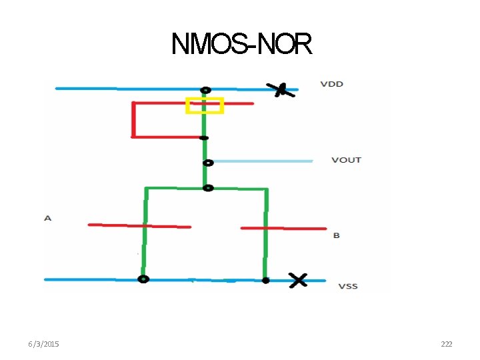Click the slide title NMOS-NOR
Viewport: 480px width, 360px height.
pyautogui.click(x=241, y=44)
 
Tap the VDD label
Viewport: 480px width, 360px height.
pyautogui.click(x=331, y=84)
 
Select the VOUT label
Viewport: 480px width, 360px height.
pyautogui.click(x=346, y=160)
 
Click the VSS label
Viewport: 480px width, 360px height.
pyautogui.click(x=347, y=286)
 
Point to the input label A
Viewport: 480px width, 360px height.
pyautogui.click(x=47, y=218)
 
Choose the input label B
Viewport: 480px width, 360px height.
pyautogui.click(x=336, y=235)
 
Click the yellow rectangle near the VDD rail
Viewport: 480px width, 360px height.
pyautogui.click(x=204, y=105)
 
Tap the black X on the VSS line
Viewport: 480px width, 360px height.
pyautogui.click(x=297, y=280)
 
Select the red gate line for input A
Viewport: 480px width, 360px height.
pyautogui.click(x=139, y=226)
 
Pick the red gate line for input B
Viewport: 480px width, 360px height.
pyautogui.click(x=283, y=229)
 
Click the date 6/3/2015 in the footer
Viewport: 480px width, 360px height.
pyautogui.click(x=43, y=344)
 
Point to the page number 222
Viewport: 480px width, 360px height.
pyautogui.click(x=446, y=344)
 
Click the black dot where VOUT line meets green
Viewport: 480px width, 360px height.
pyautogui.click(x=208, y=162)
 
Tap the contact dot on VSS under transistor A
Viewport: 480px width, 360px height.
pyautogui.click(x=143, y=279)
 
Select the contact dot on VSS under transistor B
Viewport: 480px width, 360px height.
pyautogui.click(x=265, y=281)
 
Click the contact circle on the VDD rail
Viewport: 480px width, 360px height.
pyautogui.click(x=206, y=90)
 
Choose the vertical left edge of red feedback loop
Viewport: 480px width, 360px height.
pyautogui.click(x=134, y=120)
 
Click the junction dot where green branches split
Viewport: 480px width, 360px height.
pyautogui.click(x=208, y=188)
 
